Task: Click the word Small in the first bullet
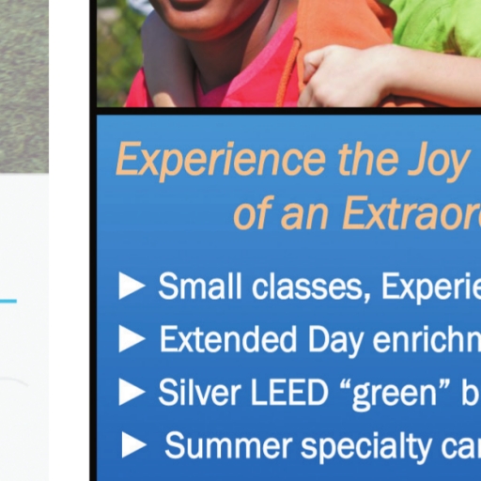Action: pos(200,286)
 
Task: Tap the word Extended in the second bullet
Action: pos(228,339)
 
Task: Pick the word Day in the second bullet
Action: pos(336,341)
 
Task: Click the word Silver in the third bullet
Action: pos(199,392)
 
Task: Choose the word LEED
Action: pos(288,392)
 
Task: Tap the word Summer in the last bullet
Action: pos(228,445)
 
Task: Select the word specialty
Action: pos(365,447)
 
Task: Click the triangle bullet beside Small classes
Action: pos(132,286)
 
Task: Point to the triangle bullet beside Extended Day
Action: pos(132,339)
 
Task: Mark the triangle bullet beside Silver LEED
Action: pos(132,392)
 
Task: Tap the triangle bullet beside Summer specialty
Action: pos(134,444)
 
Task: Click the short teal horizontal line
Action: pos(8,302)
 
